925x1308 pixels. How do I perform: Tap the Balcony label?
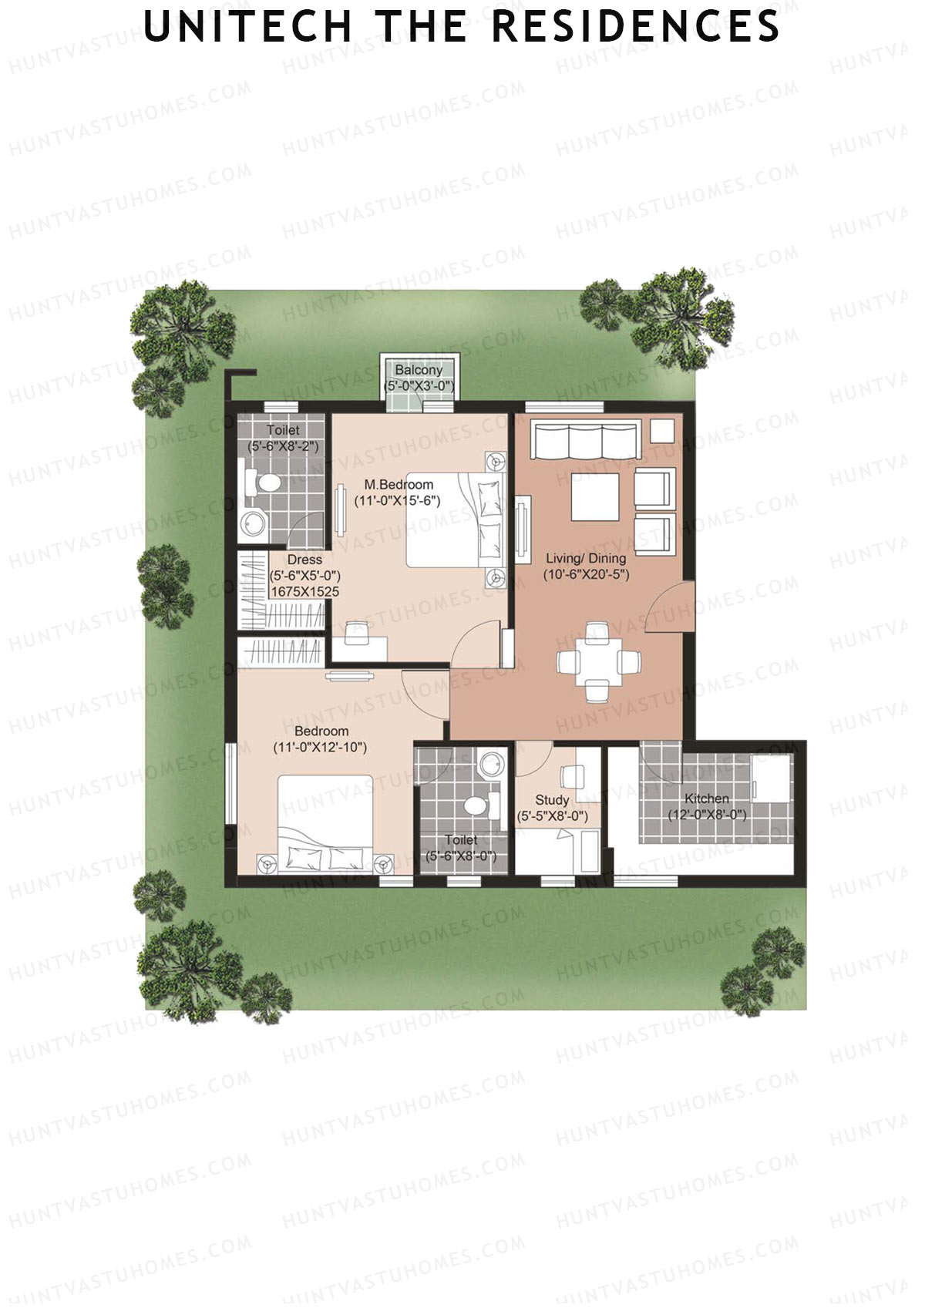point(419,370)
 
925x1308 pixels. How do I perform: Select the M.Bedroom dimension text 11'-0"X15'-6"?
point(397,500)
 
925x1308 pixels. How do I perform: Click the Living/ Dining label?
point(586,558)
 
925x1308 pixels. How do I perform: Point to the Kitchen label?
point(707,799)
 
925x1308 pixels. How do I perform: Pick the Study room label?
point(552,800)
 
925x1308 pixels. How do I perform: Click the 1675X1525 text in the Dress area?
point(305,592)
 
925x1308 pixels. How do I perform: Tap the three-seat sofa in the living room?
point(586,440)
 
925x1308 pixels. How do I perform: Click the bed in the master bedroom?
point(455,520)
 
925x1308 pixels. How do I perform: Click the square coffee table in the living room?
point(595,497)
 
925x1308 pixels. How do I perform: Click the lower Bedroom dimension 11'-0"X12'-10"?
point(320,747)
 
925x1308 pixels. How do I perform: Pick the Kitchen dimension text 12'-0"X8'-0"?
point(707,814)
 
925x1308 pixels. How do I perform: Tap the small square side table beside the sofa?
point(661,430)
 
